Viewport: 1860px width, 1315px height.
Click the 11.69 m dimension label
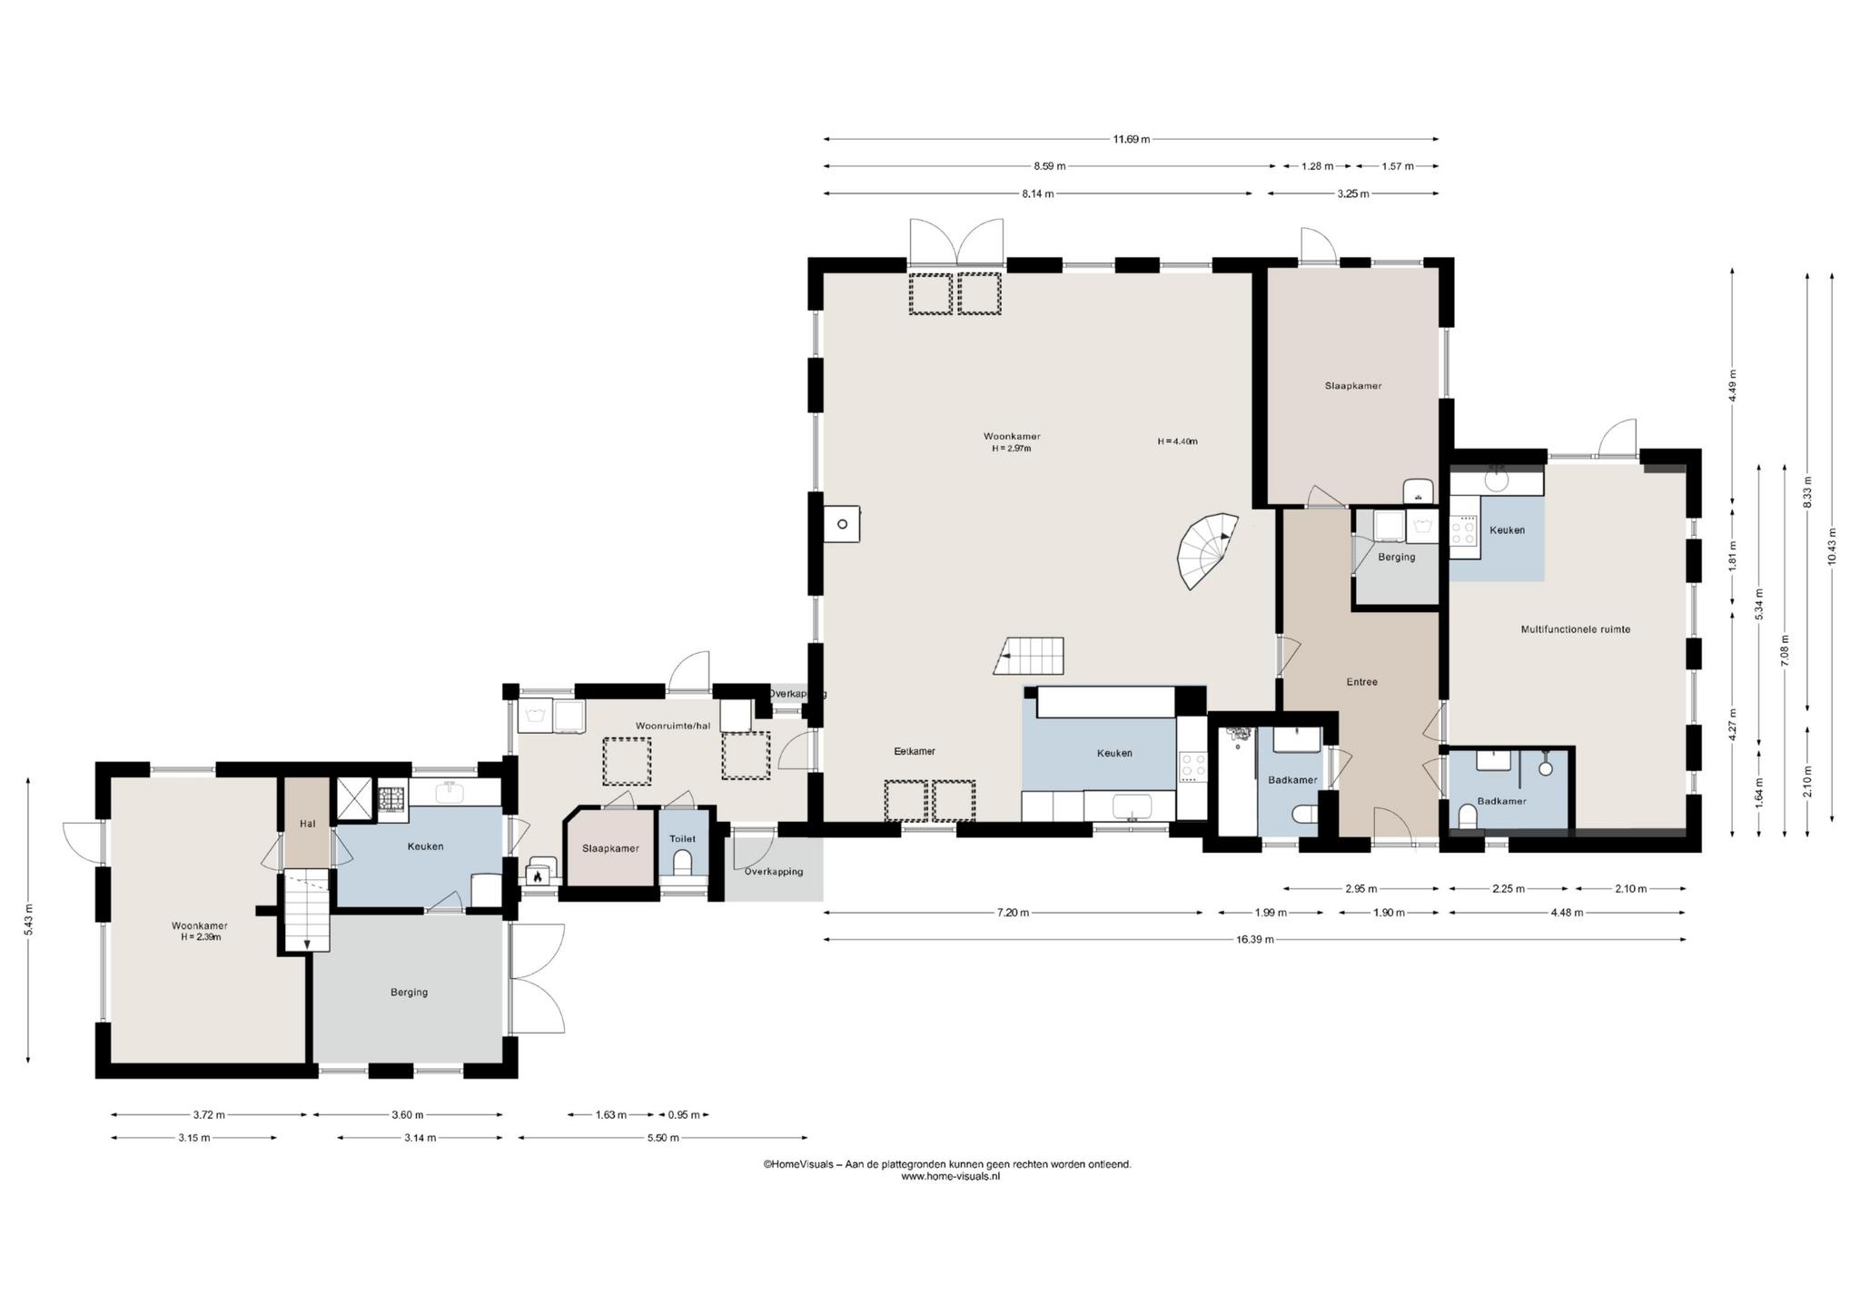(1132, 139)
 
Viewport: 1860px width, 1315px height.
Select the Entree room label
(1361, 682)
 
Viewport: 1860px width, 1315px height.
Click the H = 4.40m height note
(1177, 441)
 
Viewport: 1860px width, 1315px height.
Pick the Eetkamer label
(915, 751)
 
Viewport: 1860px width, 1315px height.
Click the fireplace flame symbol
(538, 876)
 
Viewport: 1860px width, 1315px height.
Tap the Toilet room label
(682, 838)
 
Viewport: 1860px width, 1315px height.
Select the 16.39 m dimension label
(1254, 939)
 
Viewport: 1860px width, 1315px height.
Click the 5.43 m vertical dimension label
(29, 918)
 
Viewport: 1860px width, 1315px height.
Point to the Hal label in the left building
(307, 824)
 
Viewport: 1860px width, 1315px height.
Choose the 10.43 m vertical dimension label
(1832, 547)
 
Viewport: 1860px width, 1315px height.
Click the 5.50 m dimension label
(662, 1138)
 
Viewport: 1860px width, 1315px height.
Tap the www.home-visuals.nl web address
(950, 1176)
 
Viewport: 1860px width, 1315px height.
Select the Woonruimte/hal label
(672, 726)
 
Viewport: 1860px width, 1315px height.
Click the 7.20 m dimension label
(1012, 913)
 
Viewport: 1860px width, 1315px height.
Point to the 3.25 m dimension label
(1352, 193)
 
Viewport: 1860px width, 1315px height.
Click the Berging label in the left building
(409, 992)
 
